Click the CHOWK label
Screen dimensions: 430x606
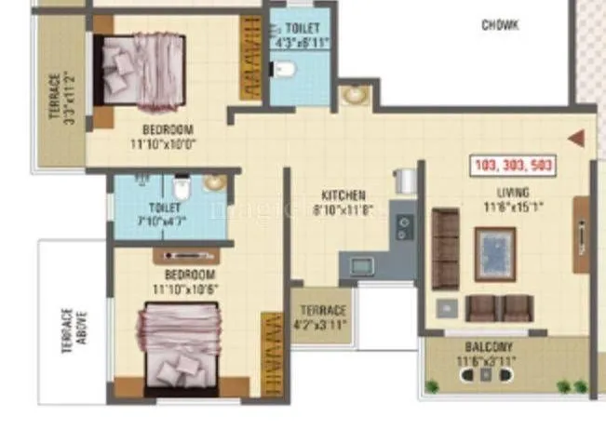pyautogui.click(x=500, y=25)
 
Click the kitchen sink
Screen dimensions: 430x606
pyautogui.click(x=360, y=265)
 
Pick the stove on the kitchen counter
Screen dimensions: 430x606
pyautogui.click(x=405, y=223)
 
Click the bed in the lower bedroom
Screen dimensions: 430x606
pyautogui.click(x=176, y=343)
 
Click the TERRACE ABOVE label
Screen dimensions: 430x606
pyautogui.click(x=74, y=326)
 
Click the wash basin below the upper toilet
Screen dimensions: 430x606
pyautogui.click(x=353, y=95)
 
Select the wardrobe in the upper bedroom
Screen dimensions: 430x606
pyautogui.click(x=249, y=58)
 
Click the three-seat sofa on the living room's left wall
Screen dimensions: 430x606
pyautogui.click(x=446, y=249)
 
